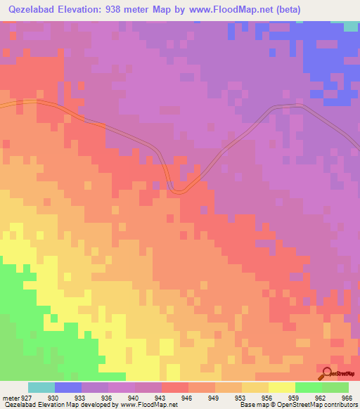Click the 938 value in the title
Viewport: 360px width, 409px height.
click(115, 9)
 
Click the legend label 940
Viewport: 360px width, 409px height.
click(134, 398)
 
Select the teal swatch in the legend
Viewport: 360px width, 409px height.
click(41, 387)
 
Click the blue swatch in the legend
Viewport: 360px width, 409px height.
click(67, 387)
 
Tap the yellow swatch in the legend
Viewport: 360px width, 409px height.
click(281, 387)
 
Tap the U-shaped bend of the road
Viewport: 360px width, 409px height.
click(179, 188)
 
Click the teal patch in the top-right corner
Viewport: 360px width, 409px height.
click(351, 26)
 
